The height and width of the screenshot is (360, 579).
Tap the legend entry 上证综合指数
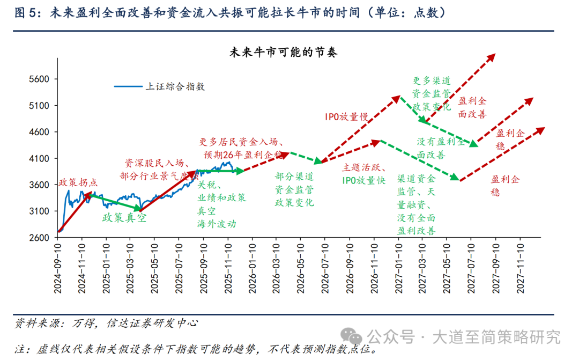coord(175,86)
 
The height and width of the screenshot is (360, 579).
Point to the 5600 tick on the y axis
coord(39,79)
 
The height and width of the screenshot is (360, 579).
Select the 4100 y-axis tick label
coord(39,159)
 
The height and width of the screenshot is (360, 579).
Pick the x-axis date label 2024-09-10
coord(58,268)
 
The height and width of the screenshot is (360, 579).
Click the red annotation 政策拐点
coord(78,182)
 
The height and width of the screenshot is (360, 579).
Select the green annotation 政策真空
coord(124,218)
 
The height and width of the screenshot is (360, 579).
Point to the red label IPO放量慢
coord(346,116)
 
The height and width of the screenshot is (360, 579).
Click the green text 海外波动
coord(217,224)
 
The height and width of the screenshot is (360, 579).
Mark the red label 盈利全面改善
coord(472,107)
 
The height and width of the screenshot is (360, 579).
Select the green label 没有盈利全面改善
coord(441,148)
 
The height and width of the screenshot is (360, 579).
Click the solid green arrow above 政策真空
coord(115,202)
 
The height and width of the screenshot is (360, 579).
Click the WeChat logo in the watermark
coord(353,336)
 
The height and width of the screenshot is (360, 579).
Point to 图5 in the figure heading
coord(25,12)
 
